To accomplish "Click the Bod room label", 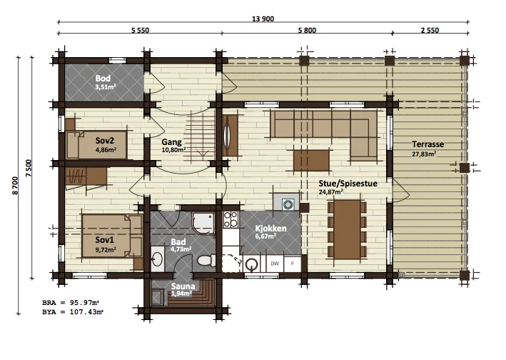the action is (x=103, y=78).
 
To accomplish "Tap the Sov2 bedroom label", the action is (x=105, y=141).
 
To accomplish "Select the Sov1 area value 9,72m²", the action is (x=106, y=249).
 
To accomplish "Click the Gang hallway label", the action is (x=171, y=142).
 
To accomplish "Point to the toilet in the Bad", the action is (x=206, y=260).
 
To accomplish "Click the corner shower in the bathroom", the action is (x=203, y=224).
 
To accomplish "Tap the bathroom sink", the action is (x=158, y=259).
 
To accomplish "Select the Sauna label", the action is (x=183, y=286).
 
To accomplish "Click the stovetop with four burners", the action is (x=231, y=219).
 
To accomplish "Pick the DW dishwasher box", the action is (x=275, y=264).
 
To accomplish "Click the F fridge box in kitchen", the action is (x=293, y=264).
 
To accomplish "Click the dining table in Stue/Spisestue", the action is (x=348, y=229).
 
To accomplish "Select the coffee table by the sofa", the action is (x=311, y=161).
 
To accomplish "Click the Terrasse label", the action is (x=428, y=144).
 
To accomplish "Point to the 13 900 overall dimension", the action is (x=263, y=19).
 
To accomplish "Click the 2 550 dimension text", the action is (x=430, y=30).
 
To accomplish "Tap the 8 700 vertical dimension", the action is (x=15, y=186).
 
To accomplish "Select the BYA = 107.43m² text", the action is (x=73, y=312).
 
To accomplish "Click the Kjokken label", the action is (x=270, y=229).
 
